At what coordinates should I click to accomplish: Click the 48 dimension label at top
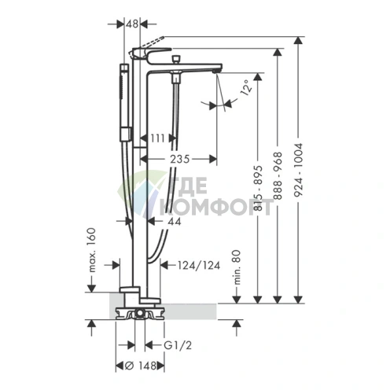[x=132, y=24]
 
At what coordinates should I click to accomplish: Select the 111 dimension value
[x=157, y=138]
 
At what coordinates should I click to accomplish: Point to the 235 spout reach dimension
[x=179, y=159]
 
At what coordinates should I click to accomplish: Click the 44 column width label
[x=175, y=222]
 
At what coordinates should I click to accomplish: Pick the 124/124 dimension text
[x=199, y=266]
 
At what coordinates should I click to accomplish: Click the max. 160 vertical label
[x=92, y=250]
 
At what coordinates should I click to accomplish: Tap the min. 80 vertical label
[x=237, y=267]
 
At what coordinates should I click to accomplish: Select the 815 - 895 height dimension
[x=259, y=188]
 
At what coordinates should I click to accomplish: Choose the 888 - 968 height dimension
[x=278, y=175]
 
